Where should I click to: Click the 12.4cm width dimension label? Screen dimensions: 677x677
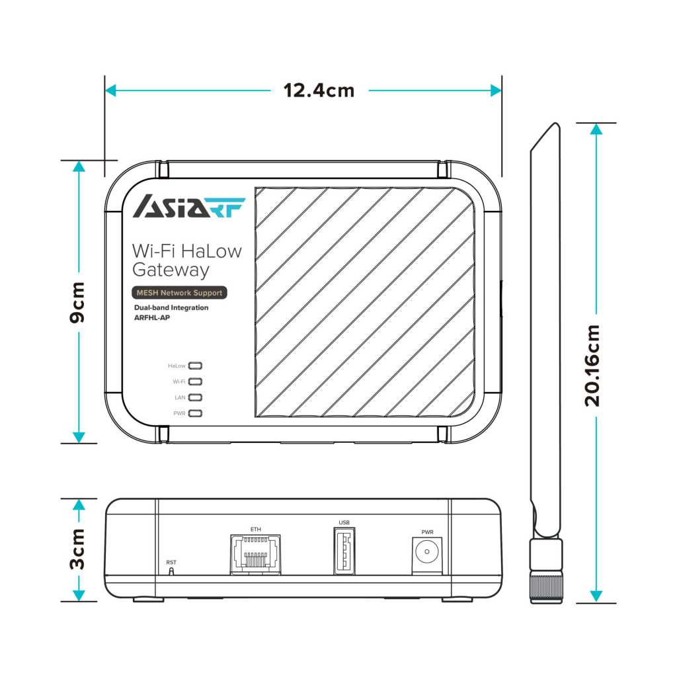tap(319, 90)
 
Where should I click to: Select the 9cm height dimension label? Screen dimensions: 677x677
tap(78, 302)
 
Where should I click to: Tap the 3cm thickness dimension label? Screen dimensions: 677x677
tap(78, 548)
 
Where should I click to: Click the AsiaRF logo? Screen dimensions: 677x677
tap(189, 206)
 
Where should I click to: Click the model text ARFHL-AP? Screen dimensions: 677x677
tap(153, 317)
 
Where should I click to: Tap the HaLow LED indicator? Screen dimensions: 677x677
tap(196, 365)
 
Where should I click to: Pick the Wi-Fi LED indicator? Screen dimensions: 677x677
tap(196, 381)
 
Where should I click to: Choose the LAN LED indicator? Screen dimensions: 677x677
tap(196, 397)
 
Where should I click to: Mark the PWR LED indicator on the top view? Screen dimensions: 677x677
tap(196, 413)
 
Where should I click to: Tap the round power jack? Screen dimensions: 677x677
tap(427, 551)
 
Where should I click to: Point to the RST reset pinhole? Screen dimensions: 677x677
tap(172, 571)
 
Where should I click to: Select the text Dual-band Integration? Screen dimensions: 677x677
tap(171, 307)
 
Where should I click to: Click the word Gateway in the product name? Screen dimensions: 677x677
tap(171, 270)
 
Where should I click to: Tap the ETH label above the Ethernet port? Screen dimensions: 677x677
tap(256, 529)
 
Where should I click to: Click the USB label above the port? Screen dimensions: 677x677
tap(344, 522)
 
